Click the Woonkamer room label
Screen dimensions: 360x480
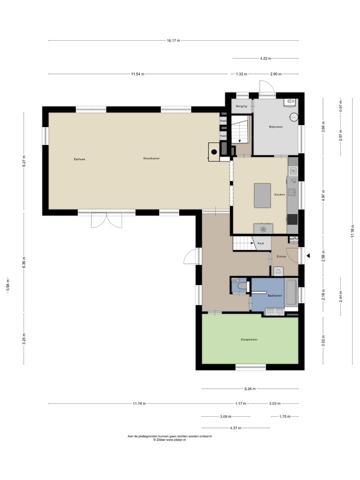pyautogui.click(x=151, y=158)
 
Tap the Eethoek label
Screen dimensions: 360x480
pyautogui.click(x=80, y=159)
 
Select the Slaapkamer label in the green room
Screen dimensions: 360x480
pyautogui.click(x=249, y=340)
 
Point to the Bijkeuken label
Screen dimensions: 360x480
pyautogui.click(x=276, y=127)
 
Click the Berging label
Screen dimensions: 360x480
pyautogui.click(x=241, y=106)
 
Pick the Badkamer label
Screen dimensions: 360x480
pyautogui.click(x=275, y=295)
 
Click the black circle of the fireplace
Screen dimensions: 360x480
pyautogui.click(x=214, y=152)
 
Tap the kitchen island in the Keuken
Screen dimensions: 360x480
pyautogui.click(x=262, y=195)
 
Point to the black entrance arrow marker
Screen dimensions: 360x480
pyautogui.click(x=308, y=255)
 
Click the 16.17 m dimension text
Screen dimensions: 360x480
pyautogui.click(x=173, y=40)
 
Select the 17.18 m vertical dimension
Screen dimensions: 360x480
pyautogui.click(x=352, y=231)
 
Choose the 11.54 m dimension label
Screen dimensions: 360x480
pyautogui.click(x=137, y=74)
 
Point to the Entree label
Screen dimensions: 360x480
pyautogui.click(x=281, y=256)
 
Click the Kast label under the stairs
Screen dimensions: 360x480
pyautogui.click(x=261, y=243)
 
